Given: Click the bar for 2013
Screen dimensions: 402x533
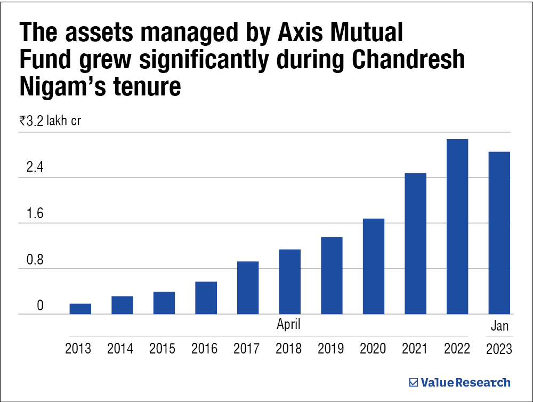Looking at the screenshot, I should pyautogui.click(x=80, y=309).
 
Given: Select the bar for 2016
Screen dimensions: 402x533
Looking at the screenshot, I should pyautogui.click(x=206, y=298).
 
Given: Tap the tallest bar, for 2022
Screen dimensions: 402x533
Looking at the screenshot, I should pyautogui.click(x=457, y=227).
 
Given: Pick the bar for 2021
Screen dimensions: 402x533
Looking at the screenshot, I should pyautogui.click(x=415, y=244).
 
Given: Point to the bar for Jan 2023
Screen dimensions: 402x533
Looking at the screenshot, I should pyautogui.click(x=499, y=233).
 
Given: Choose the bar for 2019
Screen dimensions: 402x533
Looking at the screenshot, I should pyautogui.click(x=332, y=276).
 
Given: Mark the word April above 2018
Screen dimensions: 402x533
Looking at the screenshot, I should pyautogui.click(x=289, y=324).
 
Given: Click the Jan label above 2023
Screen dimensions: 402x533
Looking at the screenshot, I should pyautogui.click(x=500, y=326).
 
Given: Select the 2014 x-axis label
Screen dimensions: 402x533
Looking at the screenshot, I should pyautogui.click(x=120, y=349).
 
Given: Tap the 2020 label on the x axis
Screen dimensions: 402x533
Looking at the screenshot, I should pyautogui.click(x=373, y=349).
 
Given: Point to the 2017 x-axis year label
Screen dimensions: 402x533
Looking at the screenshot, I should pyautogui.click(x=247, y=349).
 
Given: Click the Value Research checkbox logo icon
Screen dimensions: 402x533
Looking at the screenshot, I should pyautogui.click(x=413, y=382).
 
